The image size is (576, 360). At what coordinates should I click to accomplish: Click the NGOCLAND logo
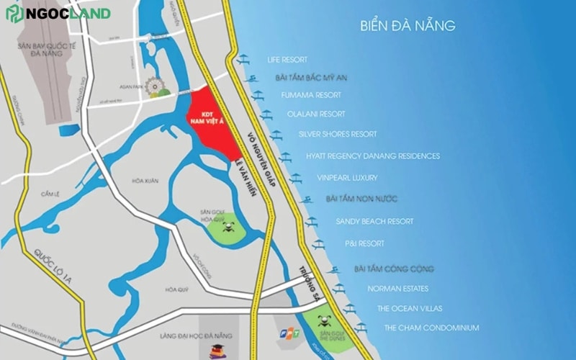pos(58,14)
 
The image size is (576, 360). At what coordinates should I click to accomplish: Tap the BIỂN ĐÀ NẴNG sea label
pos(408,26)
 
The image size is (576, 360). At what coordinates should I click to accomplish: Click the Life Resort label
pos(287,60)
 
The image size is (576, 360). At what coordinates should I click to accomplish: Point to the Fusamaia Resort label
pos(312,95)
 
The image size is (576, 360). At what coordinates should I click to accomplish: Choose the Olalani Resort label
pos(316,114)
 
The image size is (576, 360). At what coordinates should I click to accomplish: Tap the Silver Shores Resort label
pos(338,134)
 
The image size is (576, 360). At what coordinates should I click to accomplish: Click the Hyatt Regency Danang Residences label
pos(372,156)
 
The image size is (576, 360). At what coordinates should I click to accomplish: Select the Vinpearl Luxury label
pos(347,177)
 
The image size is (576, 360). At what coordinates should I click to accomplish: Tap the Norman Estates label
pos(397,289)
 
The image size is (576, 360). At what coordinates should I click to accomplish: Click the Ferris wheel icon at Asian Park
pos(156,88)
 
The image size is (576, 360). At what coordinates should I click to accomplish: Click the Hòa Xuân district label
pos(145,180)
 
